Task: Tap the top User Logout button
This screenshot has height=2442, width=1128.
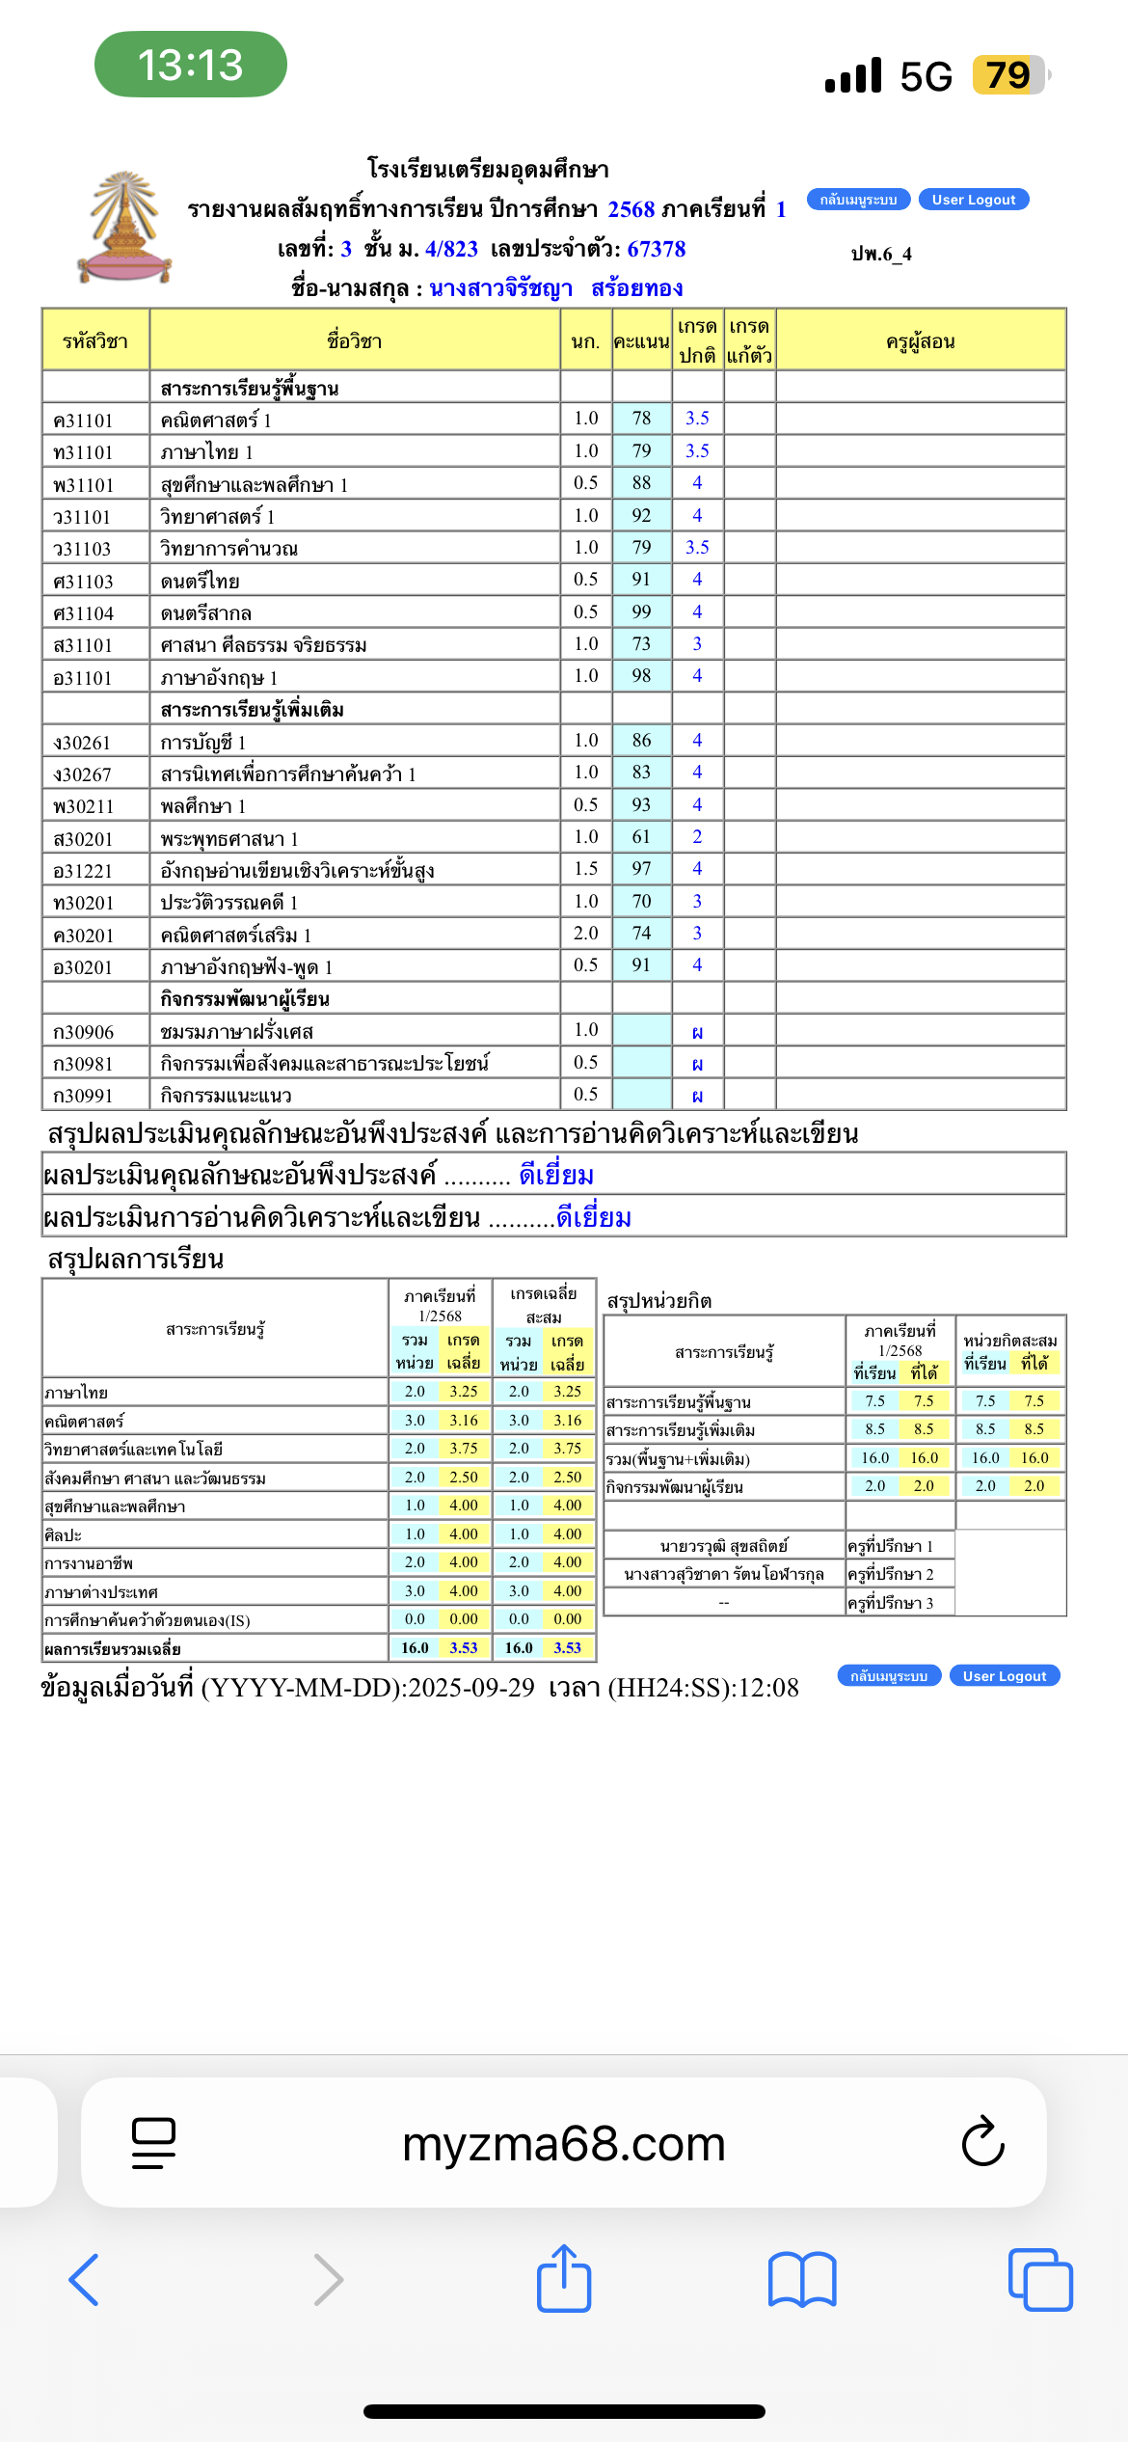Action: click(x=973, y=200)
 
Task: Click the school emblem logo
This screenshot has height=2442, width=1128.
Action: click(x=124, y=228)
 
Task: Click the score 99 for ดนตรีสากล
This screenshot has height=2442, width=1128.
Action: click(x=641, y=611)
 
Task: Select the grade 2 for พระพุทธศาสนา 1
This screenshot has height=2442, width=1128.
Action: click(x=697, y=836)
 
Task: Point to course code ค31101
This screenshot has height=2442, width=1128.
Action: click(x=84, y=421)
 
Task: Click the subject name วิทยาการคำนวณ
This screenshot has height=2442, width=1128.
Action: click(x=229, y=549)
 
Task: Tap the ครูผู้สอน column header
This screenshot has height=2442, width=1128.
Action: click(x=920, y=341)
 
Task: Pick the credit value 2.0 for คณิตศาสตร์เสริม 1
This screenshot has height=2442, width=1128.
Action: click(x=585, y=933)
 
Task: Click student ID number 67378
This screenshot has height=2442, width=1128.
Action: click(x=656, y=249)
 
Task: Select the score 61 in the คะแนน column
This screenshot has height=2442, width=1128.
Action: click(x=641, y=836)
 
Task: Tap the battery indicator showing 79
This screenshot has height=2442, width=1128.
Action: click(x=1008, y=75)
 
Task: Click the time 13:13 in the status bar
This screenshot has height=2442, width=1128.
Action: click(x=190, y=65)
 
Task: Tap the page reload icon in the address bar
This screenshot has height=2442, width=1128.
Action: click(x=982, y=2142)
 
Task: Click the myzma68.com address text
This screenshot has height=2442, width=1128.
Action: click(x=563, y=2143)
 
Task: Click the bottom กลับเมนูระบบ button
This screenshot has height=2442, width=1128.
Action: click(x=888, y=1675)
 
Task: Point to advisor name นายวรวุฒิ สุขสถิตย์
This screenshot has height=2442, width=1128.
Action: click(x=723, y=1546)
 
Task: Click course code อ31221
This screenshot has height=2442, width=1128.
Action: click(x=84, y=871)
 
